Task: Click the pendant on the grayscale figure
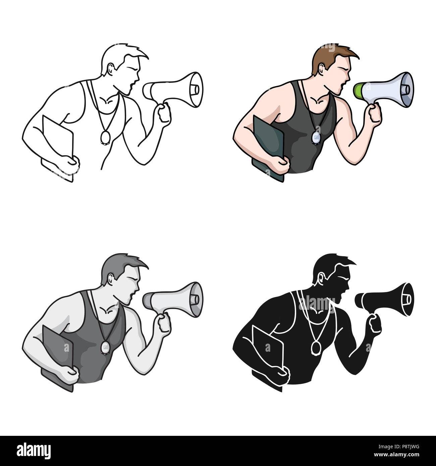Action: [105, 347]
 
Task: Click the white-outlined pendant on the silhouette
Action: [315, 347]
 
